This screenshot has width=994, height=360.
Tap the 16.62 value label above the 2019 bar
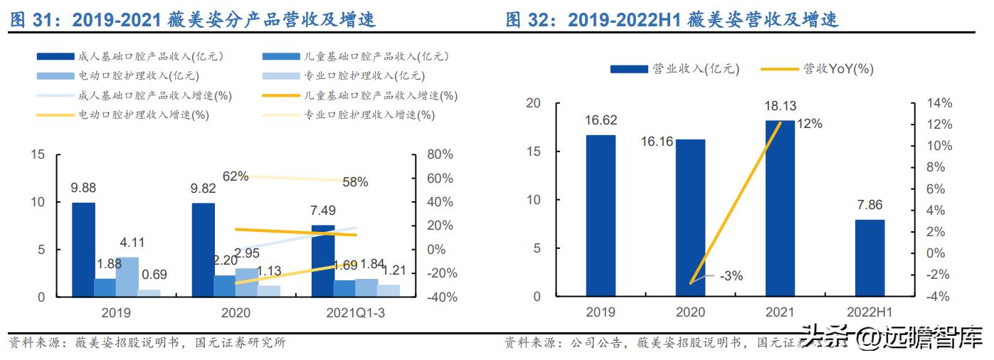(x=601, y=121)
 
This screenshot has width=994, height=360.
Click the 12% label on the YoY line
(x=808, y=124)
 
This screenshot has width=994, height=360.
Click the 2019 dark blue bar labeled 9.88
(x=83, y=249)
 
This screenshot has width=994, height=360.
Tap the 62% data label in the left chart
(x=235, y=176)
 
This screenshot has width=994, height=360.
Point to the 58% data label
(x=354, y=182)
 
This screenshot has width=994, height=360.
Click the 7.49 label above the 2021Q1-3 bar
(x=324, y=211)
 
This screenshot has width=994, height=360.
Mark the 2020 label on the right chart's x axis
(x=689, y=312)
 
